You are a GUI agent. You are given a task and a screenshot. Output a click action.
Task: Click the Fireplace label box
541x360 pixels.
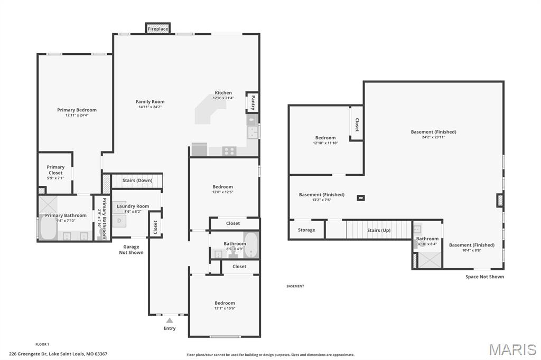point(157,29)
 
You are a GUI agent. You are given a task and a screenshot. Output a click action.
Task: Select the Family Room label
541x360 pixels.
point(150,101)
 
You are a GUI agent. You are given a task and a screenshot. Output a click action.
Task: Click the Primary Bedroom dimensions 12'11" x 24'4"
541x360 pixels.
point(77,115)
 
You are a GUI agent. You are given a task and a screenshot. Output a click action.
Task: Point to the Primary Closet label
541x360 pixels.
point(55,169)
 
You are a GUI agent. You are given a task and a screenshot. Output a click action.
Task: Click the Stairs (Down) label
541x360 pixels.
point(137,181)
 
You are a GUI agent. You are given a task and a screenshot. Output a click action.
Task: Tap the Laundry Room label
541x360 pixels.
point(133,206)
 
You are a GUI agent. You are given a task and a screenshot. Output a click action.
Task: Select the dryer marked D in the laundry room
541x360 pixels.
point(119,221)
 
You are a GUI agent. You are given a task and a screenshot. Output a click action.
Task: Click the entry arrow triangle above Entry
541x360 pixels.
point(170,320)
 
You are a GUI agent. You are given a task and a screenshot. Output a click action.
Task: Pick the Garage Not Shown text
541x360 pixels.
point(131,250)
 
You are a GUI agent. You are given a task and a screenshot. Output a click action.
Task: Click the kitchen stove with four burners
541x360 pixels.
point(229,150)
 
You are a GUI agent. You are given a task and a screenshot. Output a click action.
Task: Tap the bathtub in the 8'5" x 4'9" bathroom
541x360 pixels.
point(250,244)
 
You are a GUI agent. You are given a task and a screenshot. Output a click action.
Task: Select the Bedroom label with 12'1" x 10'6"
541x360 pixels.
point(225,303)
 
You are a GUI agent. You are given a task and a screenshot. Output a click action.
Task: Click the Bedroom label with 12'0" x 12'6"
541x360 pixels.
point(222,187)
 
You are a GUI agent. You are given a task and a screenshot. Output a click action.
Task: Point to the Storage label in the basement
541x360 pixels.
point(306,230)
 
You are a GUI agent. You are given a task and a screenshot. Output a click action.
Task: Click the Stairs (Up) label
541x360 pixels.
point(379,230)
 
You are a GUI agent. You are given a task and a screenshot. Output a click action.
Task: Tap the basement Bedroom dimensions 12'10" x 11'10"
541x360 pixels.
point(325,143)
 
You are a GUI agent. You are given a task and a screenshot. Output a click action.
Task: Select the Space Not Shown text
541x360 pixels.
point(484,277)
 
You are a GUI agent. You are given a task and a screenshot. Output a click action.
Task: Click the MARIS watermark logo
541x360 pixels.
point(512,349)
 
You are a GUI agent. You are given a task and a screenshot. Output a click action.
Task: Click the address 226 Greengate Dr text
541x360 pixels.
point(58,354)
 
